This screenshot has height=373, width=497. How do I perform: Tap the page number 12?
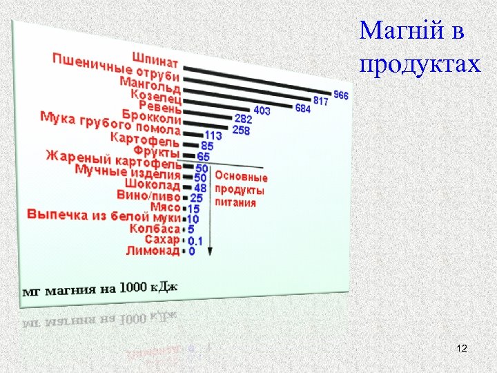(462, 351)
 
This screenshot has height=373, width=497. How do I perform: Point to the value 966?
(341, 95)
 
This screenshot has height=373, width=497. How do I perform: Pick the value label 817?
(321, 101)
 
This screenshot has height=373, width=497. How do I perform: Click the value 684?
(302, 108)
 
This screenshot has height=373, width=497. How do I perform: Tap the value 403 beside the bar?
(262, 110)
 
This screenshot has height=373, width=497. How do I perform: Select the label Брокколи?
(152, 115)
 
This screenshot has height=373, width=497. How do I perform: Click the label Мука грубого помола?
(110, 124)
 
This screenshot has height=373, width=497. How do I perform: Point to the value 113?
(213, 136)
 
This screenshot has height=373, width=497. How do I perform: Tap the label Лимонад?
(153, 251)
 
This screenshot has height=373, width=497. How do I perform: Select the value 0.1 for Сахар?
(195, 240)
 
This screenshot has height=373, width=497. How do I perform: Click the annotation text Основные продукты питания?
(240, 189)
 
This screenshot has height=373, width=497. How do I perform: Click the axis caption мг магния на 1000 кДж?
(100, 289)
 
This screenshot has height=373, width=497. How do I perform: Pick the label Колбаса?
(157, 228)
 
